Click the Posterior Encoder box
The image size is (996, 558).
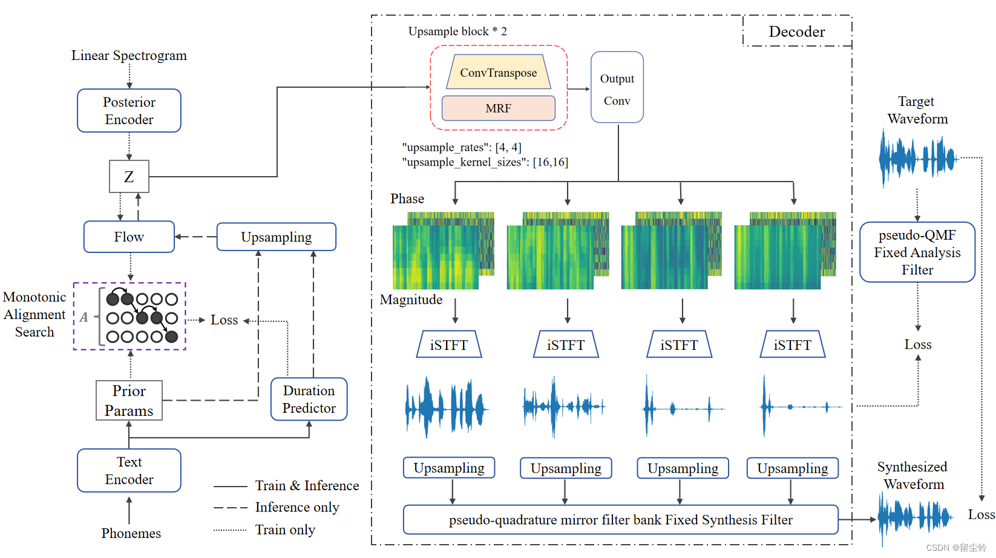tap(129, 111)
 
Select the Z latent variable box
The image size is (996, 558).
tap(129, 177)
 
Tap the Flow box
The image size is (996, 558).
tap(129, 237)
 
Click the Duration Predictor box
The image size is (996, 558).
tap(309, 399)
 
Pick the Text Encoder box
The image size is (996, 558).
tap(129, 470)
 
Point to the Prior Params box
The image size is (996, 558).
tap(129, 401)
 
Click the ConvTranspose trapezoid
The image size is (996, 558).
tap(498, 73)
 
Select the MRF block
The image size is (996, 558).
tap(498, 108)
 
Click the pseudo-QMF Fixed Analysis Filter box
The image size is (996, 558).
tap(917, 252)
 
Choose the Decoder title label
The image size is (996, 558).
tap(797, 31)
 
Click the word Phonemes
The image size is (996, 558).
tap(131, 533)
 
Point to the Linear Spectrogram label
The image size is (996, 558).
tap(129, 56)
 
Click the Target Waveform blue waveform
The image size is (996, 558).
tap(917, 159)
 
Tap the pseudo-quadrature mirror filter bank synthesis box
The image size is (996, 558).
tap(620, 520)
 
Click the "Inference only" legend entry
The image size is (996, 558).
tap(297, 507)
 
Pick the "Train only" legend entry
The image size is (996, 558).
tap(285, 530)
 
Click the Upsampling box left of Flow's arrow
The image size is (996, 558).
tap(276, 237)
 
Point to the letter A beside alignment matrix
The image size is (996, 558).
tap(84, 317)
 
